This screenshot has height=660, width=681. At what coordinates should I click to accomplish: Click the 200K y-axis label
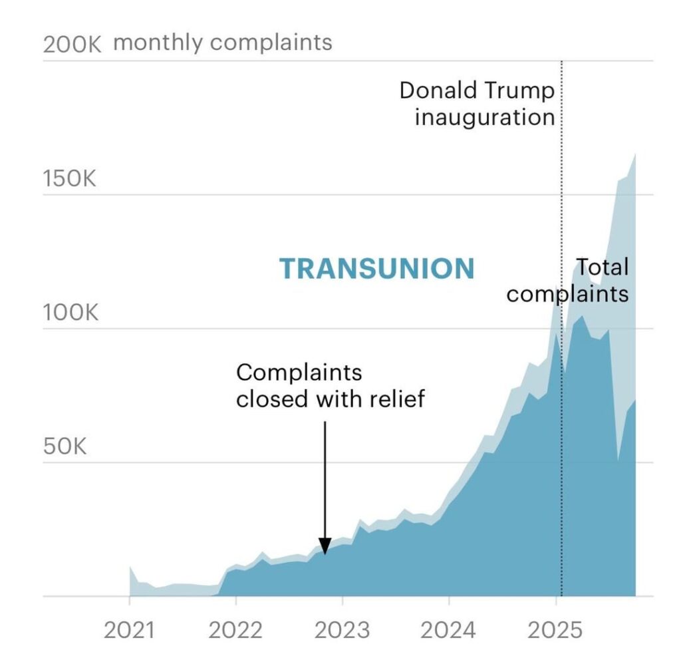[x=71, y=45]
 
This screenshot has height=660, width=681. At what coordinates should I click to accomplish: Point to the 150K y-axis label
[x=70, y=179]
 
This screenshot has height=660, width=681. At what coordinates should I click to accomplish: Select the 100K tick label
[x=70, y=313]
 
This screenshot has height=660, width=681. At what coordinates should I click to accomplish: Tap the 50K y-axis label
[x=65, y=446]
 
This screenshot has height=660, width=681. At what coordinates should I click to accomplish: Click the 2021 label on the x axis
[x=129, y=629]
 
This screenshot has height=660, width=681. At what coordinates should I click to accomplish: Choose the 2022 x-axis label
[x=235, y=629]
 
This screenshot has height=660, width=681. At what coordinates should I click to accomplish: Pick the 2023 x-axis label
[x=342, y=629]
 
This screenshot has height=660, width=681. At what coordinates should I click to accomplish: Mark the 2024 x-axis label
[x=449, y=629]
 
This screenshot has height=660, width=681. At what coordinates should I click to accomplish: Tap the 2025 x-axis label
[x=555, y=629]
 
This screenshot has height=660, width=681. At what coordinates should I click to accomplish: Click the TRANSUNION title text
[x=377, y=269]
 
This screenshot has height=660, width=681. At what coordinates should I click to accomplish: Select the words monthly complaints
[x=223, y=43]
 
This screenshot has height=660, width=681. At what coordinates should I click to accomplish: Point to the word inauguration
[x=485, y=117]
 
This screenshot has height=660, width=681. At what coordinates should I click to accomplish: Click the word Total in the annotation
[x=602, y=267]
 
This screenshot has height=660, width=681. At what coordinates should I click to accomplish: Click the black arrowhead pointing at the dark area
[x=325, y=547]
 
